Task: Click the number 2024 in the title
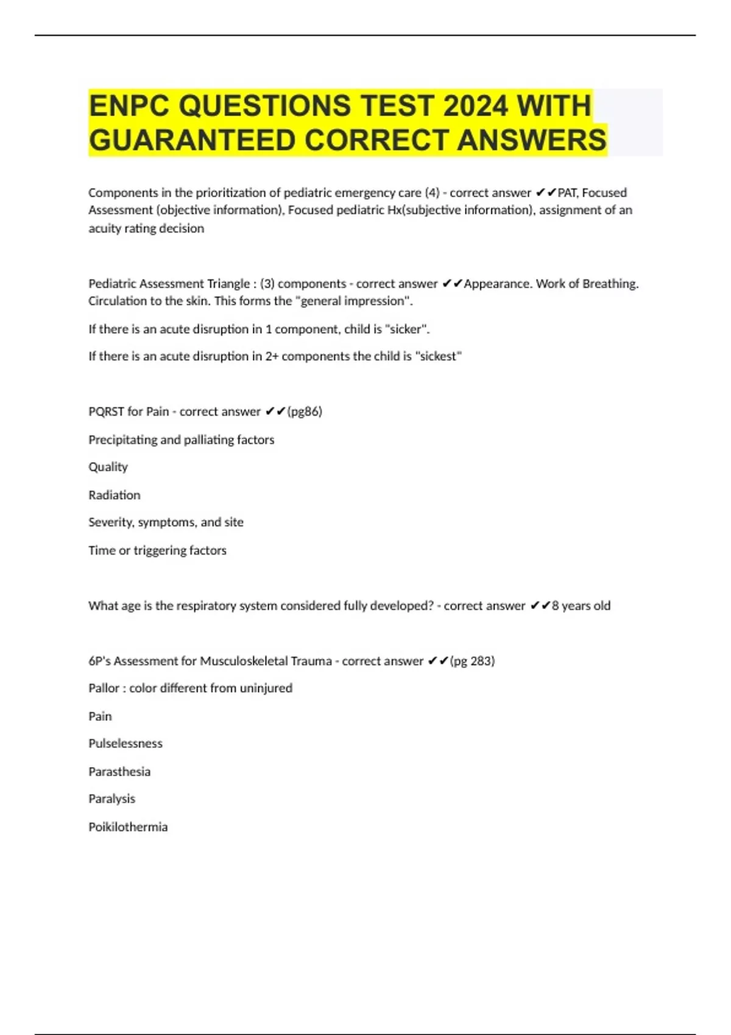point(475,105)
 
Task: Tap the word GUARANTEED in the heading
point(192,140)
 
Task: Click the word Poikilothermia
point(128,827)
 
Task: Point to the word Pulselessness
point(125,743)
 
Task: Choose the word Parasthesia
point(119,771)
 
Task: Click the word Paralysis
point(112,799)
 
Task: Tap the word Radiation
point(115,495)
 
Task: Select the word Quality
point(108,467)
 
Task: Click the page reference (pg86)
point(305,412)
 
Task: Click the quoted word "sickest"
point(439,356)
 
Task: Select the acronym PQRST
point(106,412)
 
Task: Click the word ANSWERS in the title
point(531,140)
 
